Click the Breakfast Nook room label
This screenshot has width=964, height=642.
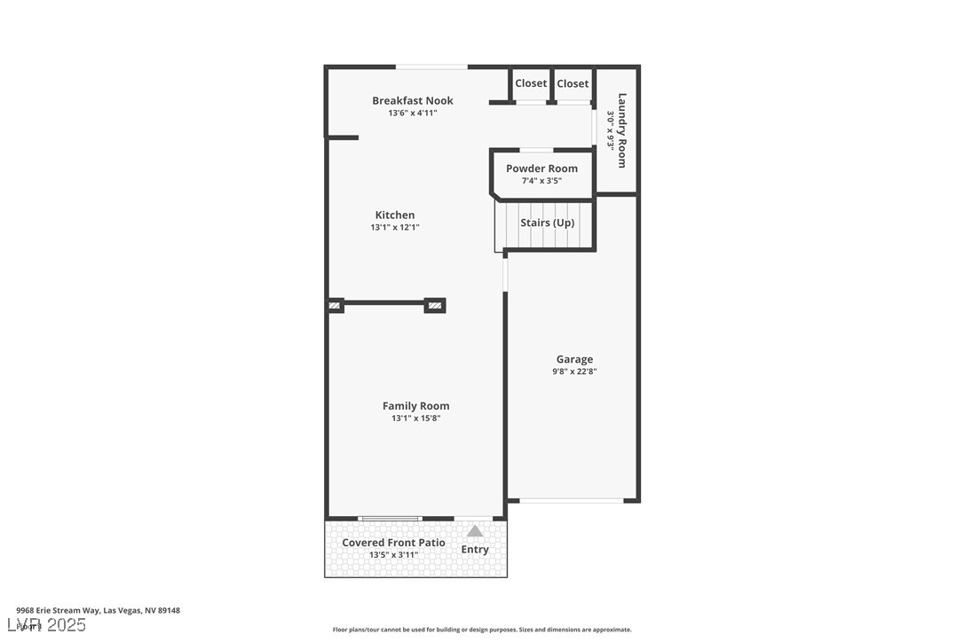pyautogui.click(x=413, y=101)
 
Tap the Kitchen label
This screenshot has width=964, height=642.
pyautogui.click(x=395, y=215)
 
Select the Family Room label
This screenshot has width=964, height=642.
pyautogui.click(x=415, y=406)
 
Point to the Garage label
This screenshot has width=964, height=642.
pyautogui.click(x=574, y=360)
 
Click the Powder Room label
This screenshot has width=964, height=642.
pyautogui.click(x=541, y=168)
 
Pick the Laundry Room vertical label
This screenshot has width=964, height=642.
pyautogui.click(x=621, y=130)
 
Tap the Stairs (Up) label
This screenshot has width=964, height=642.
pyautogui.click(x=547, y=223)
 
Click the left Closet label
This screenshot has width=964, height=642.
pyautogui.click(x=531, y=83)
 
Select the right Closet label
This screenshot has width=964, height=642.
pyautogui.click(x=573, y=83)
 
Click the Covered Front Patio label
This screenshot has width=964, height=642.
pyautogui.click(x=393, y=543)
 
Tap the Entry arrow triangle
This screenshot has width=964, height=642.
pyautogui.click(x=476, y=531)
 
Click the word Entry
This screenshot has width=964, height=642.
pyautogui.click(x=475, y=550)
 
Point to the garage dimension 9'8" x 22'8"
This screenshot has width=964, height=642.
pyautogui.click(x=575, y=372)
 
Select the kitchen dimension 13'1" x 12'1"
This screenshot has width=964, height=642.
pyautogui.click(x=395, y=228)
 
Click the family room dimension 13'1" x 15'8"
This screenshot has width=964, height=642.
pyautogui.click(x=415, y=419)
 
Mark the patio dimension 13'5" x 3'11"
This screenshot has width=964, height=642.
pyautogui.click(x=393, y=555)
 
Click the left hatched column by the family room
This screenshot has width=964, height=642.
pyautogui.click(x=335, y=306)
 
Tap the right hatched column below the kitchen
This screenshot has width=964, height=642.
pyautogui.click(x=435, y=306)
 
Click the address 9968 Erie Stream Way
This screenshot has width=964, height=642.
pyautogui.click(x=98, y=610)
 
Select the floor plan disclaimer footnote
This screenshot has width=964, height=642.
pyautogui.click(x=482, y=630)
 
